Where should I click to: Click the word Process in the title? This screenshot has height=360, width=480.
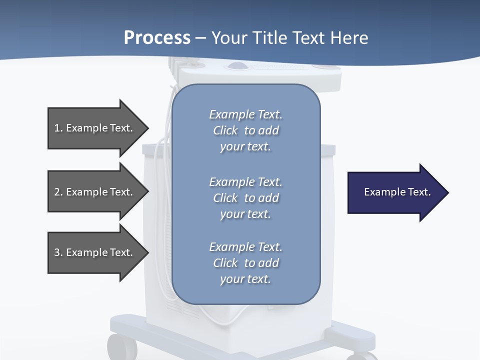click(157, 38)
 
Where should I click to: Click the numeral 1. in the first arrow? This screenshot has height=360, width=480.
click(58, 128)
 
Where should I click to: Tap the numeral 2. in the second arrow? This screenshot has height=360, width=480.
click(58, 192)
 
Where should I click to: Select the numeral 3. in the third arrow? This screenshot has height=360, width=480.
click(58, 252)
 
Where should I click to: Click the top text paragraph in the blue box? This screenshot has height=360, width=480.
click(245, 130)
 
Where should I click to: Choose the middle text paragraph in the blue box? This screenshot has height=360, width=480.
click(245, 198)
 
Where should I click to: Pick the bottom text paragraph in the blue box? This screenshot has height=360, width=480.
click(245, 263)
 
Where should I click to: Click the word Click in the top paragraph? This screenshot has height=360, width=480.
click(225, 130)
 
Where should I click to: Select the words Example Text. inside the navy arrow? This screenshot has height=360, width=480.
click(397, 192)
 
